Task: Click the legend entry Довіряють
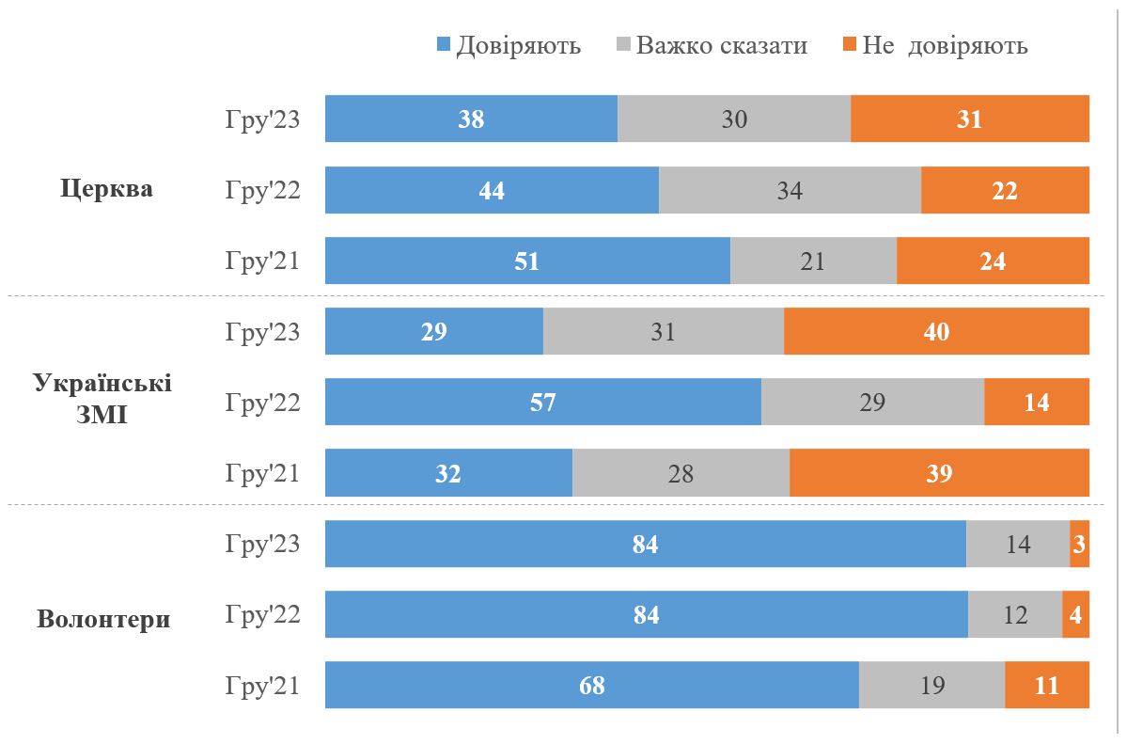click(509, 45)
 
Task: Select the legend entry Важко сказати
click(712, 45)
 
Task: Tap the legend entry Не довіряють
click(934, 45)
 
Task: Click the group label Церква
click(106, 189)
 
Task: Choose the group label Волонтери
click(104, 620)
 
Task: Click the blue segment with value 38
click(471, 119)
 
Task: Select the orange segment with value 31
click(969, 119)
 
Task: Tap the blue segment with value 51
click(527, 261)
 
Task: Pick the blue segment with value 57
click(542, 403)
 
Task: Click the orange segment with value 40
click(936, 332)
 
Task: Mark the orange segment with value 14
click(1036, 403)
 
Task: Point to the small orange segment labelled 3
click(1079, 544)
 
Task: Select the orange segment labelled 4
click(1075, 614)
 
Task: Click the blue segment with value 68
click(591, 685)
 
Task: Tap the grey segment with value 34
click(790, 190)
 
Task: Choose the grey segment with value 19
click(931, 685)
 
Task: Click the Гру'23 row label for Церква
click(262, 119)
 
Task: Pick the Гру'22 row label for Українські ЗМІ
click(262, 403)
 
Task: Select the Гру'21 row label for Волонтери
click(262, 685)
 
